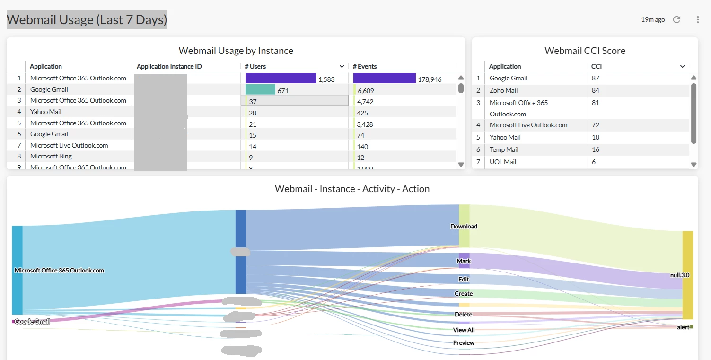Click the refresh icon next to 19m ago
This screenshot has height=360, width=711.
point(677,19)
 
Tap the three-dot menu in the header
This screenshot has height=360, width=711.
point(698,19)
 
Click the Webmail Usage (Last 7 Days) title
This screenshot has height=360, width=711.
point(87,20)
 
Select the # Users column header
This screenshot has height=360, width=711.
point(255,66)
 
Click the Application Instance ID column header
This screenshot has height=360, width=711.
point(169,66)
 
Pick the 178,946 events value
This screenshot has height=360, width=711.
point(430,79)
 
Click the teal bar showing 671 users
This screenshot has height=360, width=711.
point(260,89)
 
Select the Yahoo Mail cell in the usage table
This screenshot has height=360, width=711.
point(46,112)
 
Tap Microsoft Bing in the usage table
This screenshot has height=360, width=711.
point(51,156)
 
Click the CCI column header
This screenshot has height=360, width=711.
point(597,66)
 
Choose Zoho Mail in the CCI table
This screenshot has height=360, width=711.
point(503,90)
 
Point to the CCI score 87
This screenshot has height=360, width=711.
point(596,78)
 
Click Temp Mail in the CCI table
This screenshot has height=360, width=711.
point(504,149)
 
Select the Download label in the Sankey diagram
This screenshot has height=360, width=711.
point(464,227)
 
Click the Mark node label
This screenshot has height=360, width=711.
point(464,261)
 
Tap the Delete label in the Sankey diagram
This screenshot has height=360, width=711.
point(463,315)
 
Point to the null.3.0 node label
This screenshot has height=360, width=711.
point(680,275)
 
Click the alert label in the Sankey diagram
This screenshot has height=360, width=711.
point(683,327)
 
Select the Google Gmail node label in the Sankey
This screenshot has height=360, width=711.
point(32,322)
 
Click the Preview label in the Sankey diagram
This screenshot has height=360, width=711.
point(464,343)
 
